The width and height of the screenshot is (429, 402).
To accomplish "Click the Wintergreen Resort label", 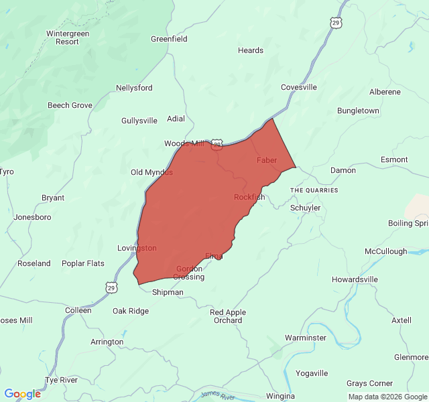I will [67, 38].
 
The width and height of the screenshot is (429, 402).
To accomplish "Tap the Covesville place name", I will [298, 87].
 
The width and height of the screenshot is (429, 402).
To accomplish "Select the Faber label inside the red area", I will [266, 160].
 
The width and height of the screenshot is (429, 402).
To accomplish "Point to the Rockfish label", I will [249, 197].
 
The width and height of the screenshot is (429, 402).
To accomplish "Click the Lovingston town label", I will [137, 248].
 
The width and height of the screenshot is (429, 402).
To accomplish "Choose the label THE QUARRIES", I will [314, 190].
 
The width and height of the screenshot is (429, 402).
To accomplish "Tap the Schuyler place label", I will [305, 208].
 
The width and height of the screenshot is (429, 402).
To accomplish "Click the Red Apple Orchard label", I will [228, 316].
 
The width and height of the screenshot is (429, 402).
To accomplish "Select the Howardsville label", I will [355, 279].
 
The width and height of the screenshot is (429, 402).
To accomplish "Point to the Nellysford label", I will [134, 88].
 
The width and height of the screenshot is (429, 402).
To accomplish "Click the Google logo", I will [22, 394].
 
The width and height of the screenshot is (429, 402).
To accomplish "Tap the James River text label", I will [218, 396].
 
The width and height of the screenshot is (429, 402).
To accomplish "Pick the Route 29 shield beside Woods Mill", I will [217, 145].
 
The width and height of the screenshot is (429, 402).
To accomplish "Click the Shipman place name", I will [168, 292].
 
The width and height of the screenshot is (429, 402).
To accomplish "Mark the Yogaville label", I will [312, 373].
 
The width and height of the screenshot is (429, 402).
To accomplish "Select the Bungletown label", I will [358, 111].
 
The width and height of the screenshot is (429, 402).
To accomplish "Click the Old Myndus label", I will [151, 172].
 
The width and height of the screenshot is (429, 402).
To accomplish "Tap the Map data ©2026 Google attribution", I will [387, 397].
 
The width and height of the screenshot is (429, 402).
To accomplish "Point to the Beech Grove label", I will [70, 105].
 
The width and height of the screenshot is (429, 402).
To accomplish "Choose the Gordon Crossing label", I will [188, 273].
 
